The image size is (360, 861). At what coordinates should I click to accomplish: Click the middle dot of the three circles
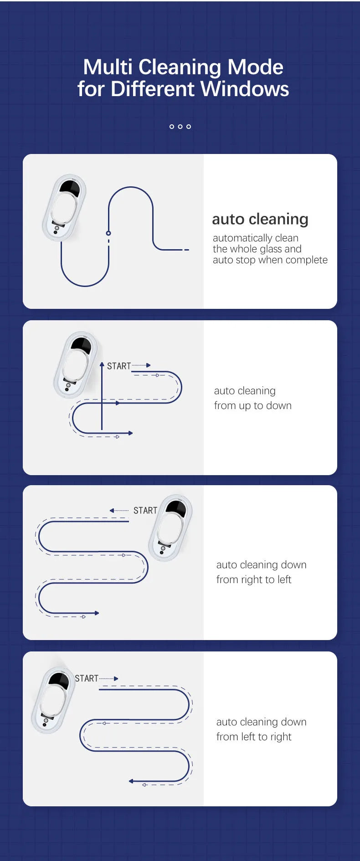tap(180, 127)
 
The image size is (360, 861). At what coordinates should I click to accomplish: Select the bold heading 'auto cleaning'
tap(260, 219)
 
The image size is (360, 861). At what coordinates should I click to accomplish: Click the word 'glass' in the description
tap(265, 249)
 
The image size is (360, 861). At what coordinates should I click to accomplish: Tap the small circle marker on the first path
tap(108, 233)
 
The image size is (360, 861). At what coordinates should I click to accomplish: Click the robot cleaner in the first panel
tap(64, 207)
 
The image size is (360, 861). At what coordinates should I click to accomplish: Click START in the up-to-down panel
tap(119, 366)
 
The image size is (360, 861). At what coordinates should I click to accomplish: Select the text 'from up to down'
tap(253, 405)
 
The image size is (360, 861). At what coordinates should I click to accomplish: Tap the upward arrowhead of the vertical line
tap(102, 364)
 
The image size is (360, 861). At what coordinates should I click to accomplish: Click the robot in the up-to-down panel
tap(76, 364)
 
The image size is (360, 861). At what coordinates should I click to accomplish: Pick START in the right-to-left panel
tap(145, 511)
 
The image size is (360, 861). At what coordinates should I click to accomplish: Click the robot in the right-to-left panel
tap(170, 528)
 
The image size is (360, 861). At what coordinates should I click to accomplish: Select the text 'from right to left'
tap(254, 579)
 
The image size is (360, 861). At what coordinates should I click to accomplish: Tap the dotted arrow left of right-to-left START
tap(119, 511)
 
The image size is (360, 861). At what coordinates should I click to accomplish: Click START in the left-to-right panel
tap(87, 678)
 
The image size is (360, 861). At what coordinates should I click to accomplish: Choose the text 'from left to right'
tap(254, 737)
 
